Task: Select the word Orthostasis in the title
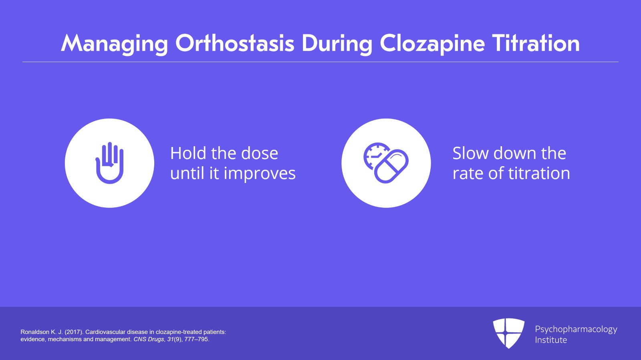click(x=235, y=43)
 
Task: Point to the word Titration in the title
click(x=536, y=43)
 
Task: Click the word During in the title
click(x=337, y=44)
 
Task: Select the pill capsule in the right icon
click(x=391, y=167)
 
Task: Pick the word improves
click(x=259, y=174)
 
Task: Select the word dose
click(x=259, y=153)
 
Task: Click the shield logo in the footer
click(x=508, y=333)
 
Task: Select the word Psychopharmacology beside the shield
click(x=576, y=329)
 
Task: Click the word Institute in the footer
click(x=551, y=340)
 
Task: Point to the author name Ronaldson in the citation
click(x=35, y=332)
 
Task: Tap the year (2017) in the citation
click(x=74, y=332)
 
